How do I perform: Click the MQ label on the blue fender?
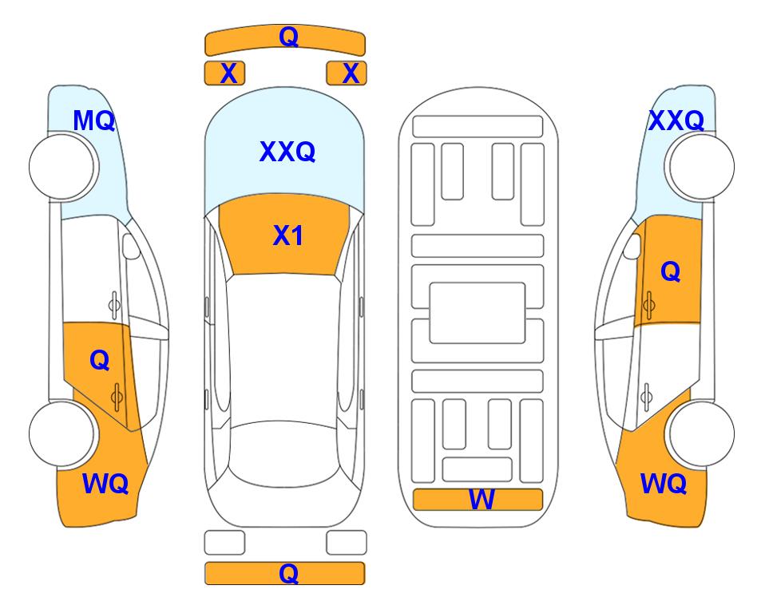pos(93,121)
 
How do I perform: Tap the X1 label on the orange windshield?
pos(288,235)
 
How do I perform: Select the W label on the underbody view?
pos(482,500)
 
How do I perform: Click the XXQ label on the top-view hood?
pos(287,152)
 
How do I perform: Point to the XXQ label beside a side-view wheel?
pos(676,121)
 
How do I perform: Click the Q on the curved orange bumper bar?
pos(289,37)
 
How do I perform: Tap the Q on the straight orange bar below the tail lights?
pos(289,573)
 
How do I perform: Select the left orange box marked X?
pos(224,73)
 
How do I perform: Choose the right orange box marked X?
pos(347,73)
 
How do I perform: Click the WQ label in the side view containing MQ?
pos(105,484)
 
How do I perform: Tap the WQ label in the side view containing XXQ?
pos(664,484)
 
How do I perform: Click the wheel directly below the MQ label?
pos(62,167)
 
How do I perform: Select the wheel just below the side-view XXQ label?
pos(702,167)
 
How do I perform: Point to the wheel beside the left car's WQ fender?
pos(62,433)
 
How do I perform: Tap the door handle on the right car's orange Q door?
pos(648,305)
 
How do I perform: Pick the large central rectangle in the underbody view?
pos(478,313)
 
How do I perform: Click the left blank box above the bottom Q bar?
pos(224,543)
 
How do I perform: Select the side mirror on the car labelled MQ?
pos(130,246)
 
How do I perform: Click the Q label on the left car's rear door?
pos(100,361)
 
